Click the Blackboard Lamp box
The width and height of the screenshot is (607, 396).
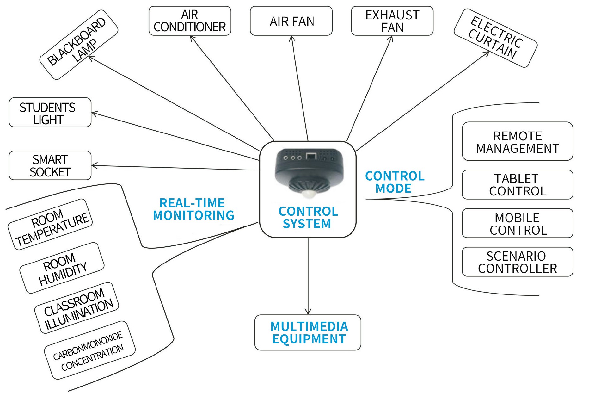click(79, 45)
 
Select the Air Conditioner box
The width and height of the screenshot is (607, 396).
click(190, 21)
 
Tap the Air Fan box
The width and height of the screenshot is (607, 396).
click(291, 21)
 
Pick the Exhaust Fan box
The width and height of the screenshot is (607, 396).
click(392, 21)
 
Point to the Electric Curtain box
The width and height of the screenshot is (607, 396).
click(495, 38)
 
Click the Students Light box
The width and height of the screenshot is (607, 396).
click(50, 112)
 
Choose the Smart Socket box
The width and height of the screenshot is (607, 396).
click(50, 165)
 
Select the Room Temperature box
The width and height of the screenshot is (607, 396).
click(50, 224)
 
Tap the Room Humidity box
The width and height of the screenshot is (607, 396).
click(62, 268)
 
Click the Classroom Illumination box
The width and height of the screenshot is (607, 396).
click(77, 308)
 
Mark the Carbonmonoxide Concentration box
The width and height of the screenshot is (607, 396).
click(90, 350)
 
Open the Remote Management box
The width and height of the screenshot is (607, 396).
click(517, 141)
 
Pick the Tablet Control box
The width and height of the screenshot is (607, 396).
click(517, 185)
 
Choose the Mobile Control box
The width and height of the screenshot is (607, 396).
click(517, 223)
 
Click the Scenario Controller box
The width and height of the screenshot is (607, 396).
click(517, 262)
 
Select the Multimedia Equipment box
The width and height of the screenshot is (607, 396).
click(308, 332)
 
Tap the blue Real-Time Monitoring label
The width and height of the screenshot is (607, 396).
click(193, 209)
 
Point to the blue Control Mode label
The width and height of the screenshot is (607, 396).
click(394, 182)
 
